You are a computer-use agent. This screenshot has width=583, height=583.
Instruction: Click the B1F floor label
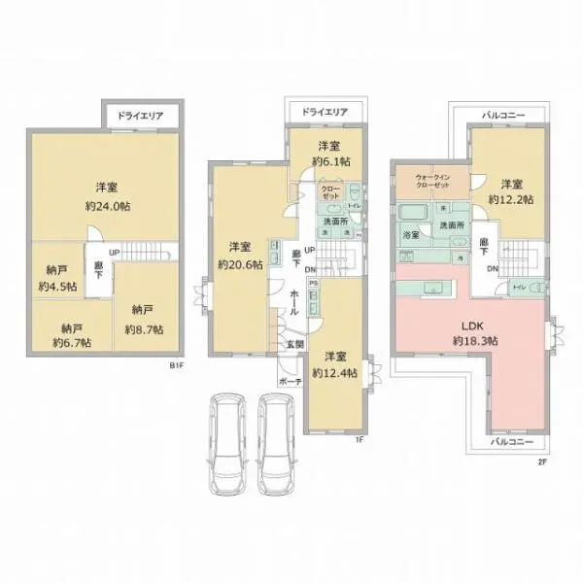pos(176,365)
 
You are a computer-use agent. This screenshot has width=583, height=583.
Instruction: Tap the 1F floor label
pos(359,439)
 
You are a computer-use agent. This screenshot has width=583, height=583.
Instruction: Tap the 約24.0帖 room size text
pos(107,206)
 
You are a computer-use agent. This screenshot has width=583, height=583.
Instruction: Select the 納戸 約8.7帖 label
pos(143,321)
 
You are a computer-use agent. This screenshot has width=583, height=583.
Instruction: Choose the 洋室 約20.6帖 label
pos(239,255)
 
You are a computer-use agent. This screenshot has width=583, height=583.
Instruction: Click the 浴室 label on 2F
pos(411,235)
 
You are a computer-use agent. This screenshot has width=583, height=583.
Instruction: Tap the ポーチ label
pos(290,382)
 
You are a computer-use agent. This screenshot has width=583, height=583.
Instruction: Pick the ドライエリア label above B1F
pos(140,116)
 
